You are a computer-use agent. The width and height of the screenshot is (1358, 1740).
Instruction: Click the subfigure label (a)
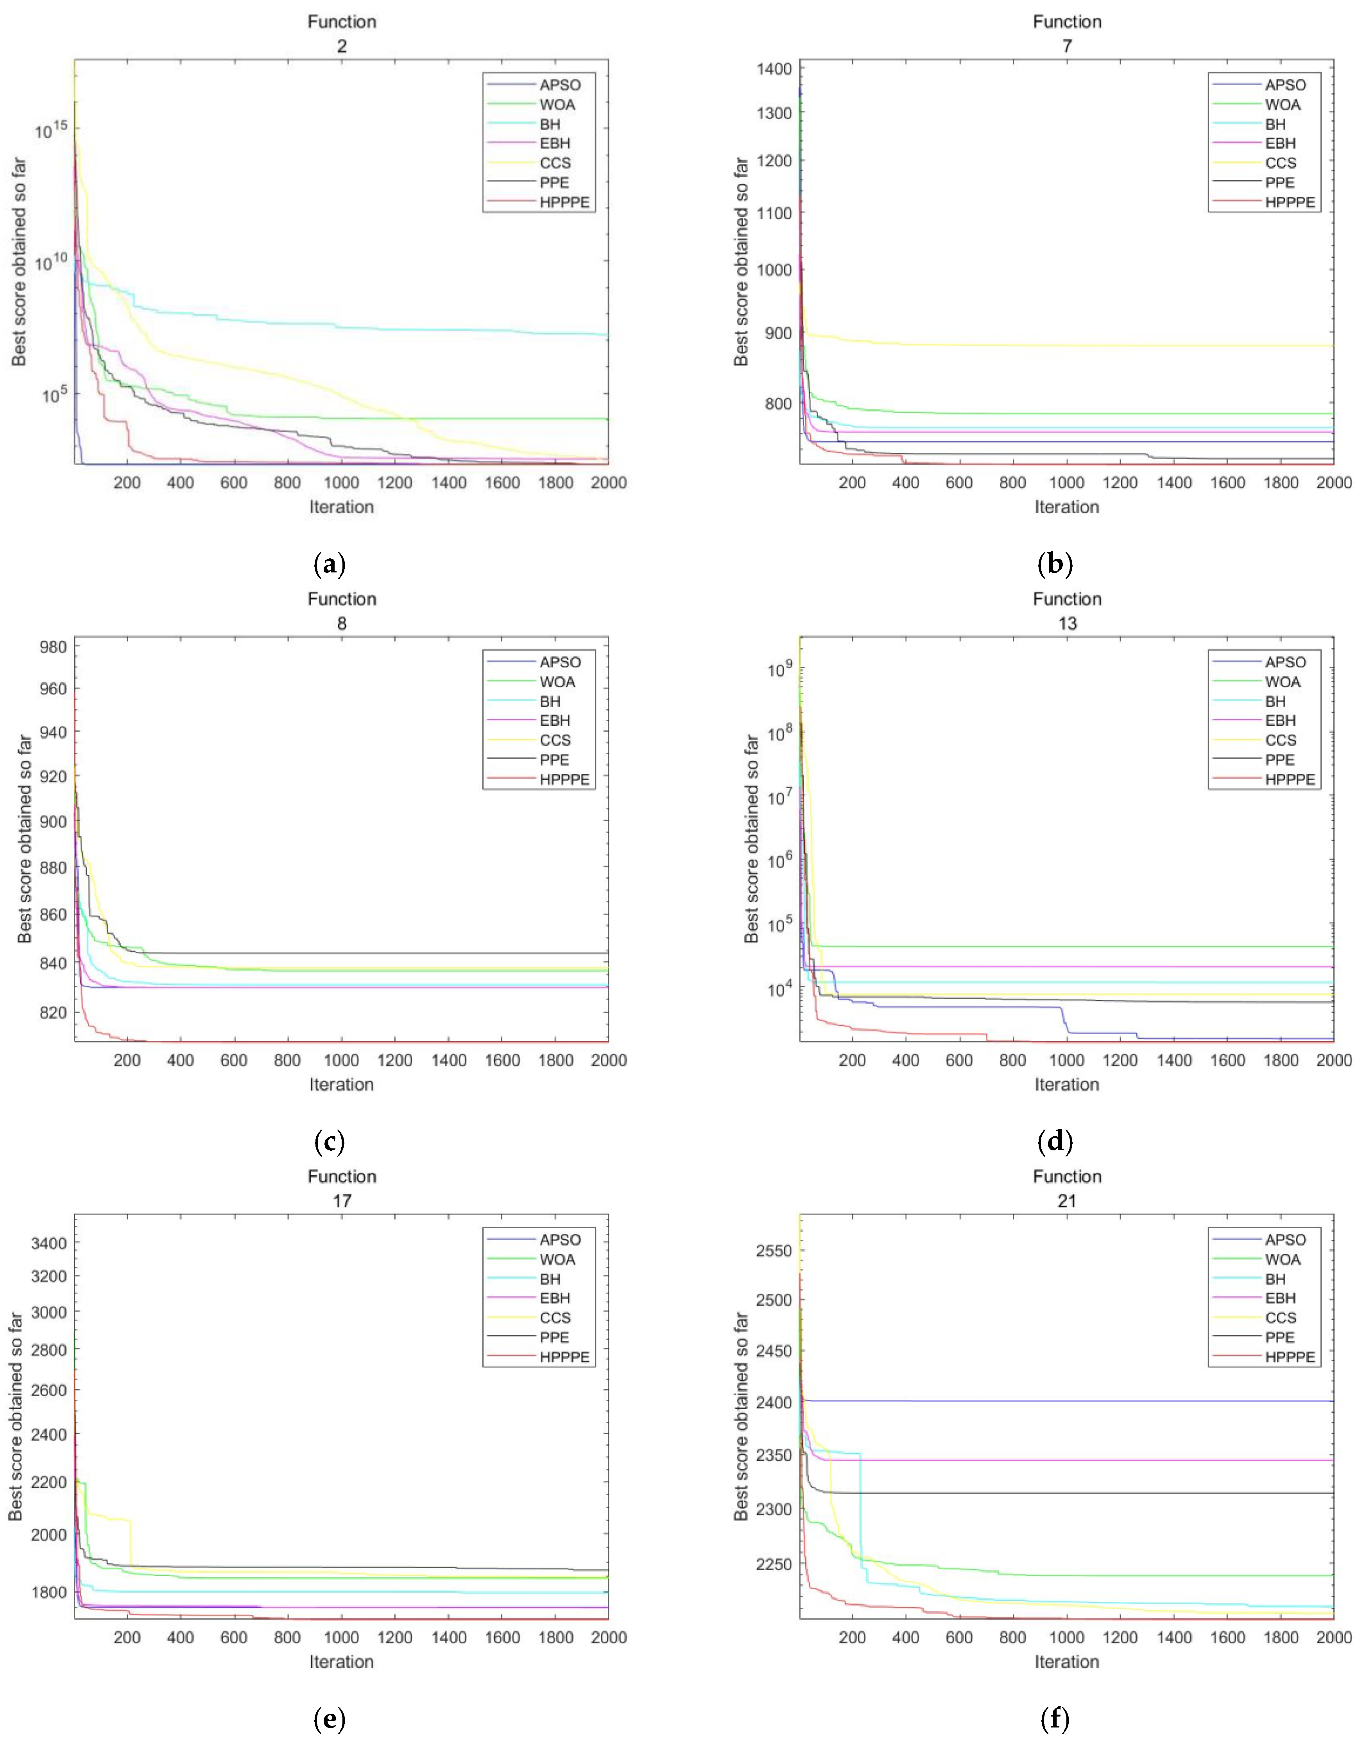[x=330, y=566]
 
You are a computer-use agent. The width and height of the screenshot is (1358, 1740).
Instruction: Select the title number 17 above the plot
[x=342, y=1201]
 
